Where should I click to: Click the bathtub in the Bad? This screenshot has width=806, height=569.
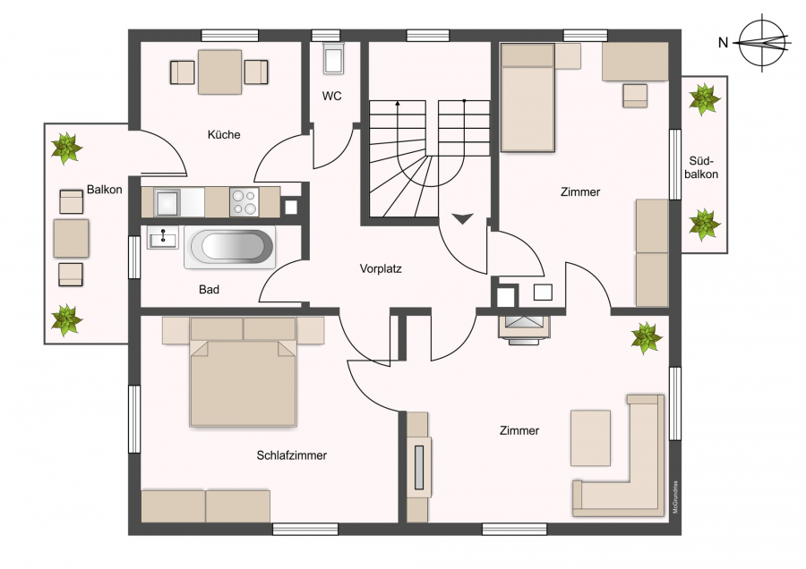230,247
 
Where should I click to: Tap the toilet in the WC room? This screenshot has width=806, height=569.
333,57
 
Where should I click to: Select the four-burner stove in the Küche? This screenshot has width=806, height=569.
244,202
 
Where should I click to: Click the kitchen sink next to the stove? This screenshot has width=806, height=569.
167,202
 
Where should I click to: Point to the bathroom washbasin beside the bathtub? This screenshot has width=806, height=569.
162,238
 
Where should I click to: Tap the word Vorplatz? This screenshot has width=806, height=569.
381,268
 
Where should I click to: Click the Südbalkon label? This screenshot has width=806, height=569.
701,167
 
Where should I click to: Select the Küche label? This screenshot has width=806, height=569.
224,134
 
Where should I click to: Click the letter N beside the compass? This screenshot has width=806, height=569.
724,43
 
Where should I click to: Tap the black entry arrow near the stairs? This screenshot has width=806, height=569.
462,219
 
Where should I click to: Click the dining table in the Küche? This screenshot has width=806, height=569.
219,72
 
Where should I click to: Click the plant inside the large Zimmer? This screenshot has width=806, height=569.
646,337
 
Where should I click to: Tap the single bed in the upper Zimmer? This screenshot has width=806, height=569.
527,98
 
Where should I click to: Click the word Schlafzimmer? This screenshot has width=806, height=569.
291,455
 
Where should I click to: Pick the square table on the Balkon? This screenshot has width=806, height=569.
71,238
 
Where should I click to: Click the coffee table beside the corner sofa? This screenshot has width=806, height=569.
591,438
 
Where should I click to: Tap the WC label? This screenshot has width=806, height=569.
331,96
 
